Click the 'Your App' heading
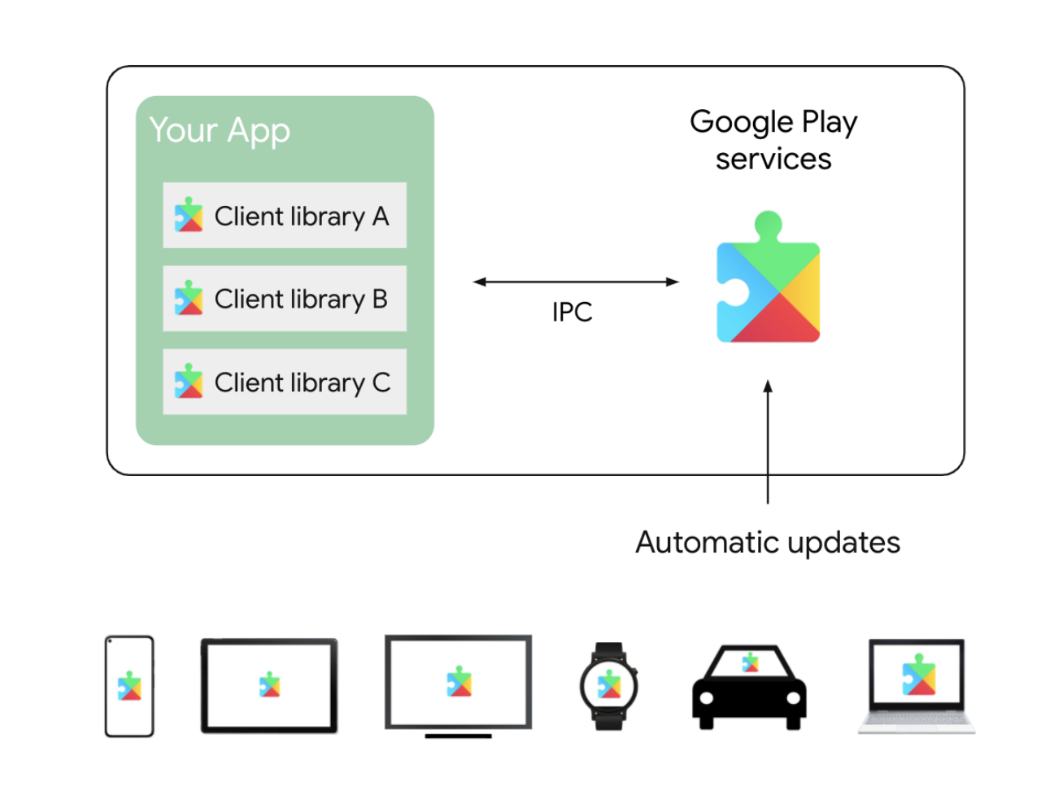tap(220, 131)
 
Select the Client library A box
tap(285, 216)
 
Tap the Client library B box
tap(285, 299)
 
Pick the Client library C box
tap(285, 382)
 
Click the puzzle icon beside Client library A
tap(189, 215)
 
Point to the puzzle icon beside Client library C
tap(189, 382)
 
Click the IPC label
tap(572, 312)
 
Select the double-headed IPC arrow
tap(576, 282)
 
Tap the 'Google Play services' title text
tap(773, 140)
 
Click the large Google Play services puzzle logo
tap(769, 281)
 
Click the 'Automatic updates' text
tap(768, 542)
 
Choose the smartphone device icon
tap(129, 686)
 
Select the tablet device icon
tap(269, 686)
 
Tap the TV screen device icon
tap(459, 682)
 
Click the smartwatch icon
tap(609, 686)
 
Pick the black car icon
tap(749, 688)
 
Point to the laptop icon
tap(917, 686)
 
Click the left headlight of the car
tap(707, 698)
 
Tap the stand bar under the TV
tap(459, 736)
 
